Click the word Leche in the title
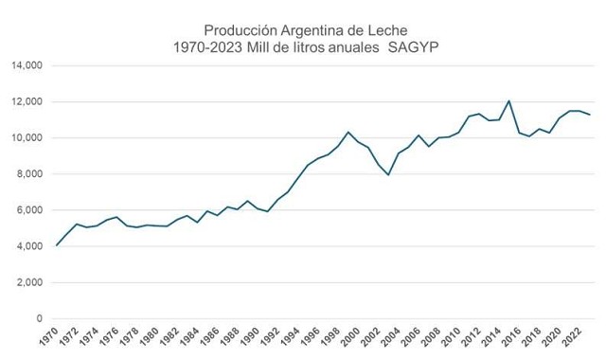(x=387, y=30)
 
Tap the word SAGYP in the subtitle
(x=413, y=47)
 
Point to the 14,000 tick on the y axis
(x=27, y=65)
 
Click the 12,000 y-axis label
(x=27, y=101)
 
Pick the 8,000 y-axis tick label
(x=29, y=174)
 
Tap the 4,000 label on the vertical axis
(x=29, y=246)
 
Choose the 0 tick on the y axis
(x=40, y=318)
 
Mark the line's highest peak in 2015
(x=509, y=101)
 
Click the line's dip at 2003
(x=388, y=174)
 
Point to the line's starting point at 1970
(x=57, y=245)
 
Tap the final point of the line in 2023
(x=589, y=115)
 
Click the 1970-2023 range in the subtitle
(x=208, y=47)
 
